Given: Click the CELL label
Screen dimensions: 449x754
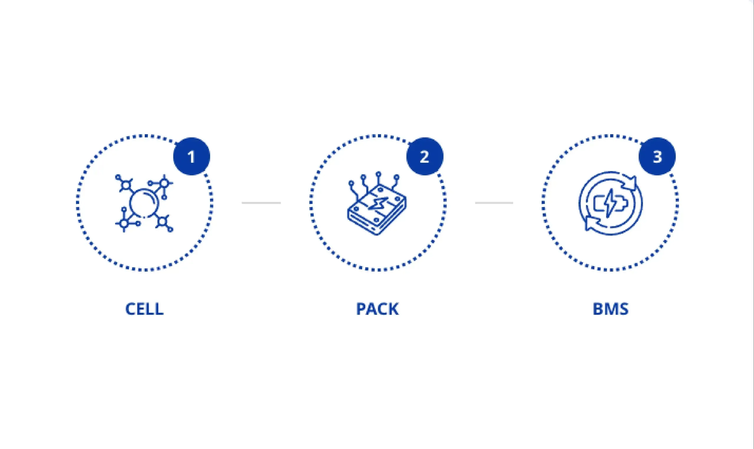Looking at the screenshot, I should [144, 309].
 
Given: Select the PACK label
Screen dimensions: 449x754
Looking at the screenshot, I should [378, 309].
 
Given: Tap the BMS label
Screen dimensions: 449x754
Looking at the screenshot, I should [611, 309].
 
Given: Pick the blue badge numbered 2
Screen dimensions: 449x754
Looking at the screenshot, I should [425, 157].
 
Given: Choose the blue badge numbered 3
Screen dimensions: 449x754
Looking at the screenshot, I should [657, 157].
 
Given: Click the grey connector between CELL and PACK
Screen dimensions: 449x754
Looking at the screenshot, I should [261, 203].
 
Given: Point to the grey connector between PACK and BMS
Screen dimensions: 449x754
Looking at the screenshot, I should [494, 203].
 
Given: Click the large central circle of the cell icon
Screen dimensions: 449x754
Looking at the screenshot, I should [144, 203].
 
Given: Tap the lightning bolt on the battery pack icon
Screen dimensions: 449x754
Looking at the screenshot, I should [378, 204].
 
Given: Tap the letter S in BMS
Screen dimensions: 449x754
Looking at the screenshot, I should [623, 309].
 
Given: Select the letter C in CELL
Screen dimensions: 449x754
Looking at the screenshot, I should [130, 309].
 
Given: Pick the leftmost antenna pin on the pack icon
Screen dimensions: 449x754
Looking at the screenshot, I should [351, 183].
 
